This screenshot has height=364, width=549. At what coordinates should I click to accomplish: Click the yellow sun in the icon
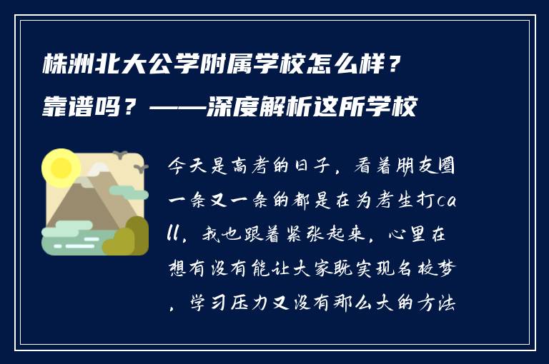point(60,168)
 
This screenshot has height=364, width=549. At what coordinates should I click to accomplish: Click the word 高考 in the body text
point(249,169)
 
